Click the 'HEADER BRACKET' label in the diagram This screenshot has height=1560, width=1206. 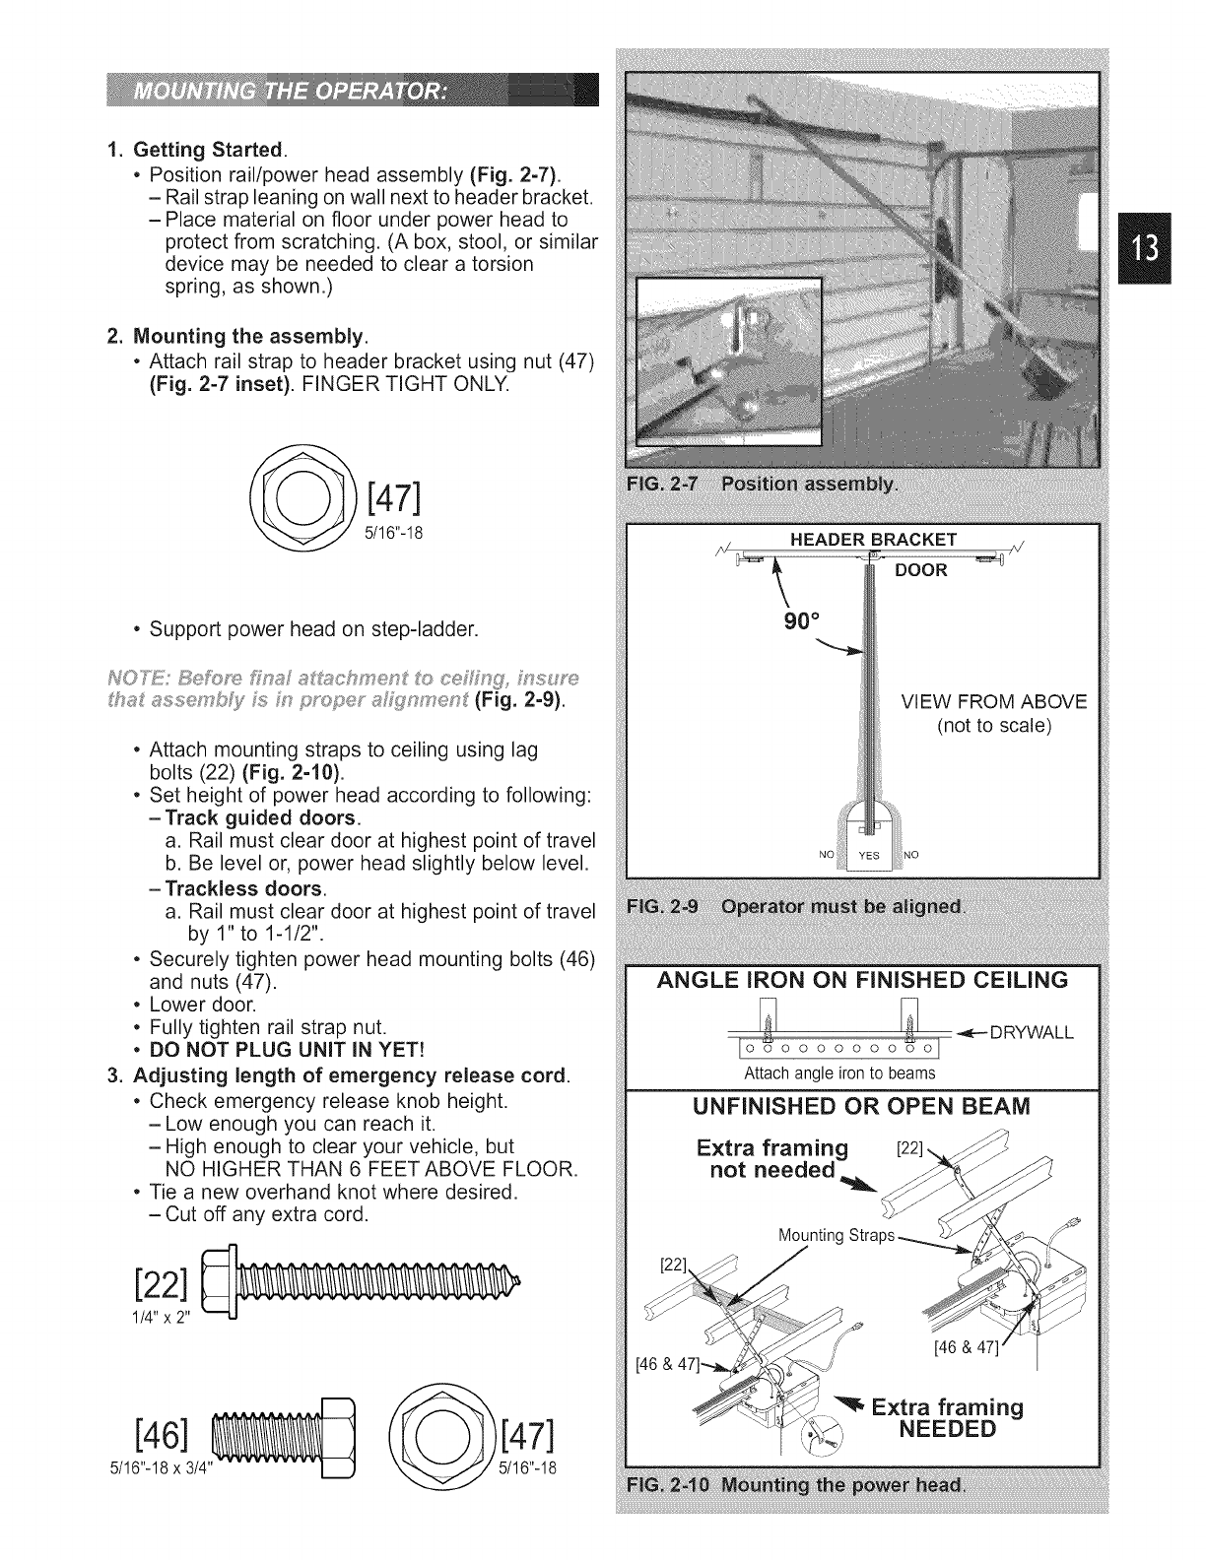point(874,539)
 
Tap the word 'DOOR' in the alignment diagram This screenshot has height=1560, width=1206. point(919,570)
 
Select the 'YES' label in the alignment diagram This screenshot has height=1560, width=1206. point(868,855)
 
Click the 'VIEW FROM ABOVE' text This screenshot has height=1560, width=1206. point(994,701)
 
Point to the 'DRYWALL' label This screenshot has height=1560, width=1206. point(1031,1033)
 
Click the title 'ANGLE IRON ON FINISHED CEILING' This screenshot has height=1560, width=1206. point(862,980)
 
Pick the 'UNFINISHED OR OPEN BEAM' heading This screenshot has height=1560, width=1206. point(862,1106)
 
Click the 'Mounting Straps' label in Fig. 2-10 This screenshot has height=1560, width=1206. point(837,1235)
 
